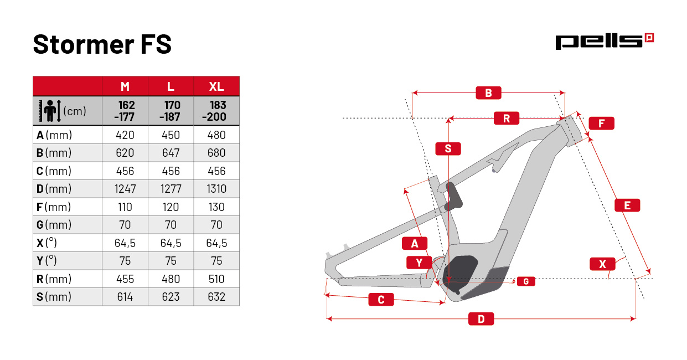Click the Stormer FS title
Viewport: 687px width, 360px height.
pyautogui.click(x=102, y=44)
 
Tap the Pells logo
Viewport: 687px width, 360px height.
pyautogui.click(x=605, y=42)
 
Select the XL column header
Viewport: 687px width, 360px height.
pyautogui.click(x=216, y=86)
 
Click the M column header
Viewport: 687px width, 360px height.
pyautogui.click(x=125, y=86)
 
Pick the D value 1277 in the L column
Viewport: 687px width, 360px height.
pyautogui.click(x=171, y=189)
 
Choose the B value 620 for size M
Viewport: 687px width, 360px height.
pyautogui.click(x=125, y=153)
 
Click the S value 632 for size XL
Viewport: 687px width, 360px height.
pyautogui.click(x=216, y=297)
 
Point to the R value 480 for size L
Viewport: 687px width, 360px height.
pyautogui.click(x=171, y=279)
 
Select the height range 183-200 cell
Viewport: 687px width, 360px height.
pyautogui.click(x=216, y=111)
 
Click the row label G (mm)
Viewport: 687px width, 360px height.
pyautogui.click(x=54, y=225)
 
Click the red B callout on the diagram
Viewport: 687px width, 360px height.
pyautogui.click(x=488, y=93)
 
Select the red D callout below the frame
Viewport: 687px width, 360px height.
pyautogui.click(x=481, y=319)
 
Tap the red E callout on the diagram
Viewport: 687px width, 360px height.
pyautogui.click(x=627, y=205)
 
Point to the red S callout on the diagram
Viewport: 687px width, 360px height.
pyautogui.click(x=448, y=148)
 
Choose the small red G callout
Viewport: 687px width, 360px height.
pyautogui.click(x=526, y=281)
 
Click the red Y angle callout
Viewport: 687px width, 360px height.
pyautogui.click(x=419, y=263)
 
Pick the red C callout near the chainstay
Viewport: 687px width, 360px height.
pyautogui.click(x=381, y=300)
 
